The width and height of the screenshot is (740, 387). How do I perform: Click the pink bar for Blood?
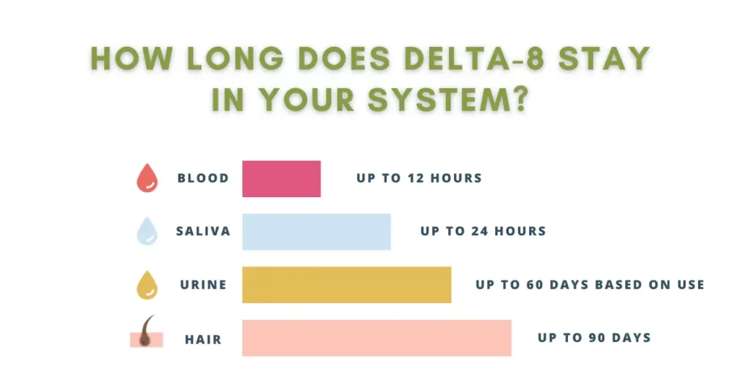click(x=281, y=178)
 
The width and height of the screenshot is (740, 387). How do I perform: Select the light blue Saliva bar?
click(x=317, y=232)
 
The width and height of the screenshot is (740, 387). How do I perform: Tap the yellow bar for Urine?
click(x=346, y=284)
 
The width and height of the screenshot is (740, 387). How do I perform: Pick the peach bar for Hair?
click(x=377, y=338)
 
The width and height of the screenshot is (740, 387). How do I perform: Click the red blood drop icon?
click(x=147, y=178)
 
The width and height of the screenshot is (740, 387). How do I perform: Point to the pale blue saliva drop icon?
click(x=147, y=231)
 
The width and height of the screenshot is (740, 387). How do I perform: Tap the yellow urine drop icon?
click(x=147, y=285)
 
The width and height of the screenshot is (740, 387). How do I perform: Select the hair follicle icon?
click(x=147, y=332)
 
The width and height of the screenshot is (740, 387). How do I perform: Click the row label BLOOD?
click(x=203, y=178)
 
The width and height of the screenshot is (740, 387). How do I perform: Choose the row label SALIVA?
click(x=203, y=231)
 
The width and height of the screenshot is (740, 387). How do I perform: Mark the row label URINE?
click(x=203, y=284)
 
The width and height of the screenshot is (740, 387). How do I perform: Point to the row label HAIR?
click(x=203, y=339)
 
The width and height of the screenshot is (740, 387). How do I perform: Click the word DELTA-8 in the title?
click(x=475, y=58)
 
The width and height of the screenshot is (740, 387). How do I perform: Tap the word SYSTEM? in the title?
click(x=448, y=100)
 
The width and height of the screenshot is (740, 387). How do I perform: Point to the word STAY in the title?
click(x=605, y=58)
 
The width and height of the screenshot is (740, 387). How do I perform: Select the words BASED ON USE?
click(x=650, y=284)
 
